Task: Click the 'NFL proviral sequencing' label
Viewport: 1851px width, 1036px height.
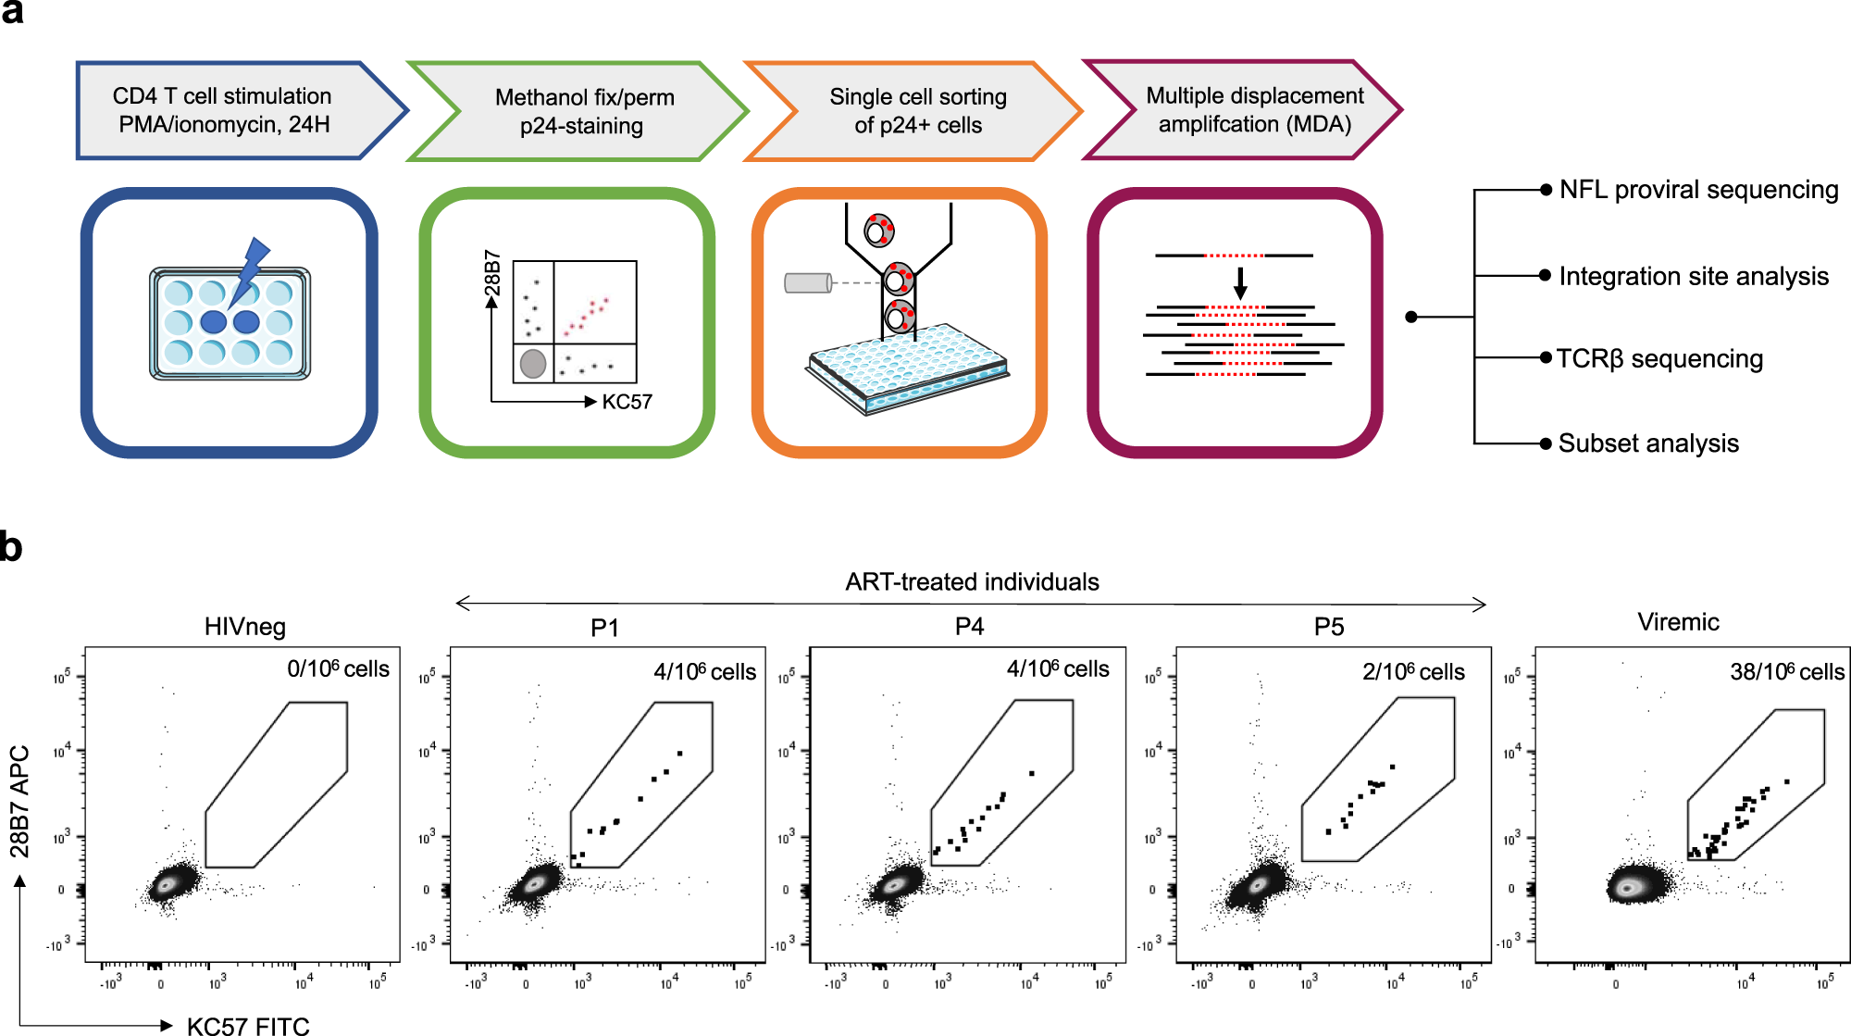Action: coord(1698,190)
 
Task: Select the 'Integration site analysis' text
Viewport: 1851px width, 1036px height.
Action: coord(1694,276)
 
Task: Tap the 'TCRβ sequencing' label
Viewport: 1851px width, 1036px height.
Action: coord(1659,358)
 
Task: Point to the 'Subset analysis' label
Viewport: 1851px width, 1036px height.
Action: coord(1648,443)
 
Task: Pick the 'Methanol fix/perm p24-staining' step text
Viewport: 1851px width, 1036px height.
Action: coord(583,111)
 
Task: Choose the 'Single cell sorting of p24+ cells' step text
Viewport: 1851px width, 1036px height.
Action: coord(918,110)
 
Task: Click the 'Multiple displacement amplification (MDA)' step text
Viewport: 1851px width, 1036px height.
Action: coord(1254,109)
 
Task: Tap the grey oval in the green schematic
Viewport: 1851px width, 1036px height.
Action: coord(533,364)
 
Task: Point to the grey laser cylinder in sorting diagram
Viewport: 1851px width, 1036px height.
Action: coord(808,282)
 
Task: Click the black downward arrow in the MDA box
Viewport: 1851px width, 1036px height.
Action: coord(1240,282)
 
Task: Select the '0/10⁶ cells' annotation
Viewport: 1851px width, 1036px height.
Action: coord(338,668)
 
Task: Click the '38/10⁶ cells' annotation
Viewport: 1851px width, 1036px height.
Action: coord(1786,671)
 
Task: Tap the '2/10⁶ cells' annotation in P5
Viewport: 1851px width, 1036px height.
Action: coord(1413,671)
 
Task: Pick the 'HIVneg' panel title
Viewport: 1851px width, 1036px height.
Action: coord(245,627)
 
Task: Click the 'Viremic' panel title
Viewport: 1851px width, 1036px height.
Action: coord(1678,622)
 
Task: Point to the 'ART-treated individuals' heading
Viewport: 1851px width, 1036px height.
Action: coord(972,581)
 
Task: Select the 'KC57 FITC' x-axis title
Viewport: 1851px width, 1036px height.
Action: coord(248,1025)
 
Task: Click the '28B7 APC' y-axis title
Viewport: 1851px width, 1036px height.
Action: coord(19,801)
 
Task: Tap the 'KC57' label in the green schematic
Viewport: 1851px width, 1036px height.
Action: coord(627,402)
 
